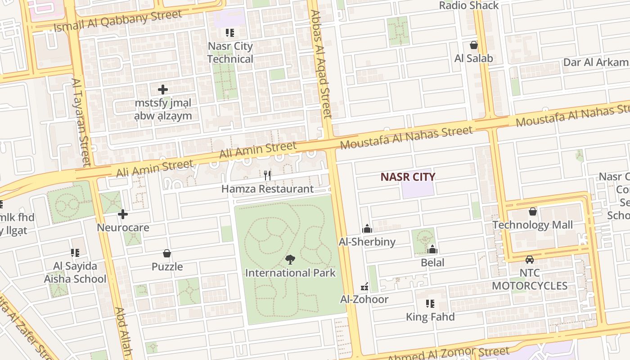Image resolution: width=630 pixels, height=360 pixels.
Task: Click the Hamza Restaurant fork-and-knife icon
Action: [268, 175]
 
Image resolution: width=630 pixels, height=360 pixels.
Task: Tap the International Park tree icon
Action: [290, 259]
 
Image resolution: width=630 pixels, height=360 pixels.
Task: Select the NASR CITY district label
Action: [408, 177]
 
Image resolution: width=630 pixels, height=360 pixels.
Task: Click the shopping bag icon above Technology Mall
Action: [533, 211]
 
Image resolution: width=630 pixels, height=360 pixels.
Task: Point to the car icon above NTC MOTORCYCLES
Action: [530, 260]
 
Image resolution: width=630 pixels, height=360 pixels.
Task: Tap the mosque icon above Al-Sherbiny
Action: [367, 229]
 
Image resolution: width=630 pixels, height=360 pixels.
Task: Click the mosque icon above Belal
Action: [432, 249]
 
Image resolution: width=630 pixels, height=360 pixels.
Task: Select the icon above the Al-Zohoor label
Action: [364, 287]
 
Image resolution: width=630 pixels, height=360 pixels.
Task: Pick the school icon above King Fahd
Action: [430, 304]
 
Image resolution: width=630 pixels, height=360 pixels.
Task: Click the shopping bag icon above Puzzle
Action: [167, 253]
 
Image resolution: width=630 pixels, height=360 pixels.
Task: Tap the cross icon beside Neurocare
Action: [123, 214]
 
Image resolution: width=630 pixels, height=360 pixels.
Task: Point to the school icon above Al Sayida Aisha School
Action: [75, 253]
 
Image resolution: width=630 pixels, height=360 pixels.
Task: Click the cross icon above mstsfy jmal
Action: [163, 90]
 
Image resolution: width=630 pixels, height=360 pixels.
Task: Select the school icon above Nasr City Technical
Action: [230, 33]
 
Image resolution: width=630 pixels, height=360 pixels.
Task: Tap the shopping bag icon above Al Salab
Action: [473, 45]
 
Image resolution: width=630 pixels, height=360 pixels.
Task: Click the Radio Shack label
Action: [469, 5]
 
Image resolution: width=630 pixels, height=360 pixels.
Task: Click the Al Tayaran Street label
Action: [81, 121]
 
